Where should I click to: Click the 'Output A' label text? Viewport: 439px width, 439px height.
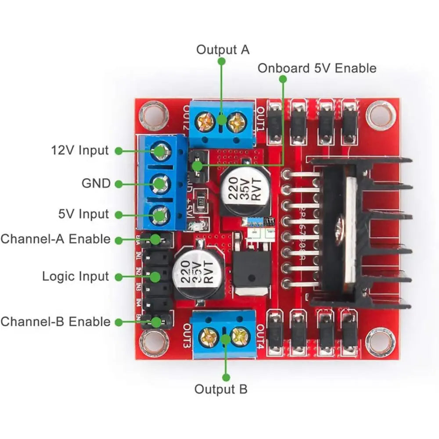point(223,50)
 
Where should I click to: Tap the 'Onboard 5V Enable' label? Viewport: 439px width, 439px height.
point(317,68)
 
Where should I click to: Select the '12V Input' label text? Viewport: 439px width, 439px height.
point(79,151)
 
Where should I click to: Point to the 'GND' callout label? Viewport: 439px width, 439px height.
point(96,183)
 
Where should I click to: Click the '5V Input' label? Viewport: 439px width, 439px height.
point(83,214)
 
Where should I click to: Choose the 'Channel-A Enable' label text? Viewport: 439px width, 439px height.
point(56,239)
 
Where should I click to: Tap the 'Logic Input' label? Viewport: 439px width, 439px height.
point(75,277)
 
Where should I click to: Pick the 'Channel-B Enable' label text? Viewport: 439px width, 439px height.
point(56,321)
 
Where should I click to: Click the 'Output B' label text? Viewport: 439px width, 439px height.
point(221,389)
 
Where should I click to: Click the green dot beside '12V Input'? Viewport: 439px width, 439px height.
point(118,151)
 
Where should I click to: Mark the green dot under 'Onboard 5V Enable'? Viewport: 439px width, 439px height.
point(283,79)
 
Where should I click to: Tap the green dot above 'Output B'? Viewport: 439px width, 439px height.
point(226,377)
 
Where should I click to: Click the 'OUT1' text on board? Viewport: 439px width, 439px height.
point(260,119)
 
